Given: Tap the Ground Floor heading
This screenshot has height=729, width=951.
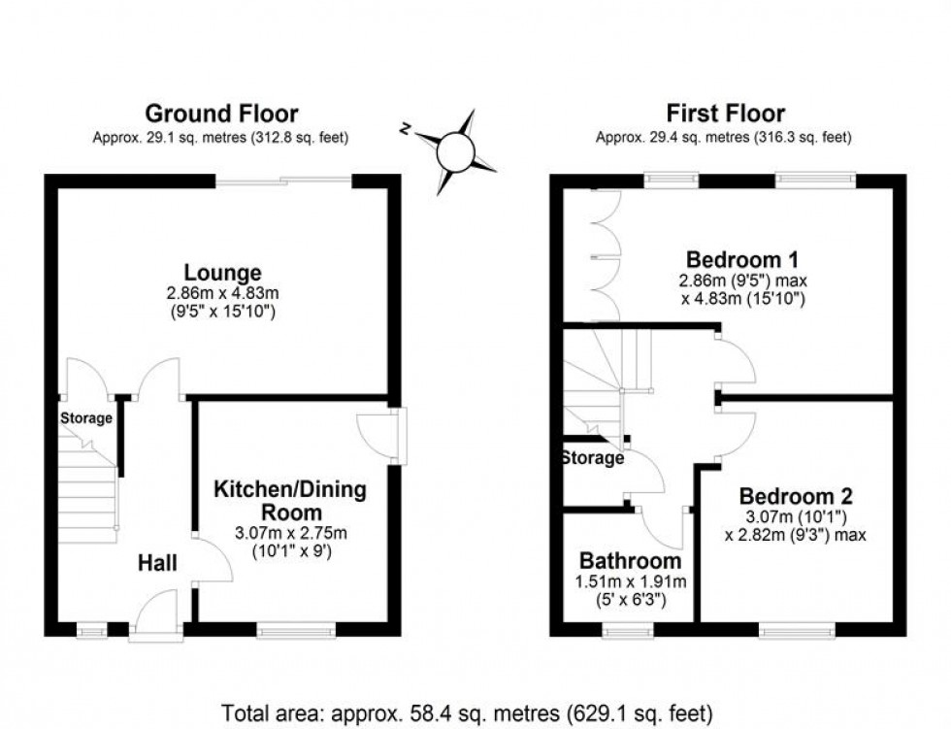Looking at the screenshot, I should tap(221, 115).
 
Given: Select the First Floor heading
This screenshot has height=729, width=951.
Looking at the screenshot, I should tap(724, 115).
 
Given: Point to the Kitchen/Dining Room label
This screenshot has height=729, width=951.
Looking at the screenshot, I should tap(289, 500).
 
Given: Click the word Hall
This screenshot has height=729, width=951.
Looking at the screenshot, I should tap(156, 563).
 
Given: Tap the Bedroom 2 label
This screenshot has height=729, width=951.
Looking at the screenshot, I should tap(785, 495).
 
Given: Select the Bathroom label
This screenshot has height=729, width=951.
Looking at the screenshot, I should tap(630, 561).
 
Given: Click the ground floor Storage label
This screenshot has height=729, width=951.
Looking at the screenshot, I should tap(86, 419).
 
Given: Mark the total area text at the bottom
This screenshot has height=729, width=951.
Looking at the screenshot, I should tap(468, 713).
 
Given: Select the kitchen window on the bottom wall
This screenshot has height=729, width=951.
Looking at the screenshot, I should tap(296, 631).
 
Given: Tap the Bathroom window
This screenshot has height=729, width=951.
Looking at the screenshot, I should tap(629, 631).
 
